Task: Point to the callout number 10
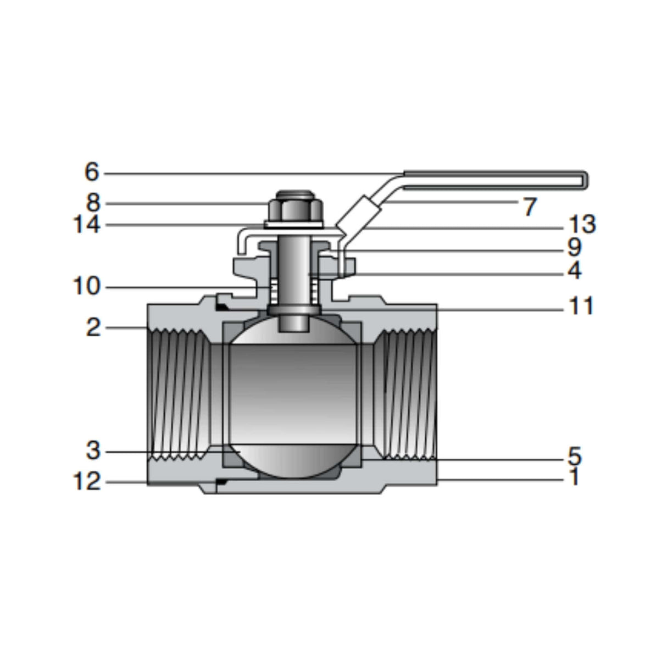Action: [x=86, y=286]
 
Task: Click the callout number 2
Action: [x=93, y=328]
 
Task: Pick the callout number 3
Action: [x=93, y=451]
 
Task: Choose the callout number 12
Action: [x=87, y=482]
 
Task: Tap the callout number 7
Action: [x=529, y=207]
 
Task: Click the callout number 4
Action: [x=574, y=270]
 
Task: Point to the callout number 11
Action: [x=581, y=306]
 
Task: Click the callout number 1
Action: [x=574, y=477]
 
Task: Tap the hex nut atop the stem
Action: [x=295, y=209]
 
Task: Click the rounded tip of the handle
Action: [x=586, y=180]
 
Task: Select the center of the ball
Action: [x=295, y=396]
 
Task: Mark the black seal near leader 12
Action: [x=222, y=482]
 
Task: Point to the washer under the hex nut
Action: [x=295, y=224]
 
